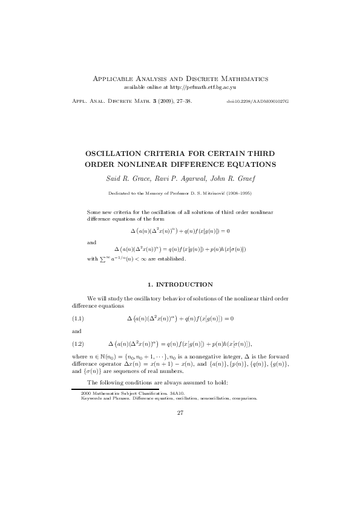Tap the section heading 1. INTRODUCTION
coord(180,284)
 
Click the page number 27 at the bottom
coord(180,413)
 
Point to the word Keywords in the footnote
coord(91,398)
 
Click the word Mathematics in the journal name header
coord(241,79)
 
